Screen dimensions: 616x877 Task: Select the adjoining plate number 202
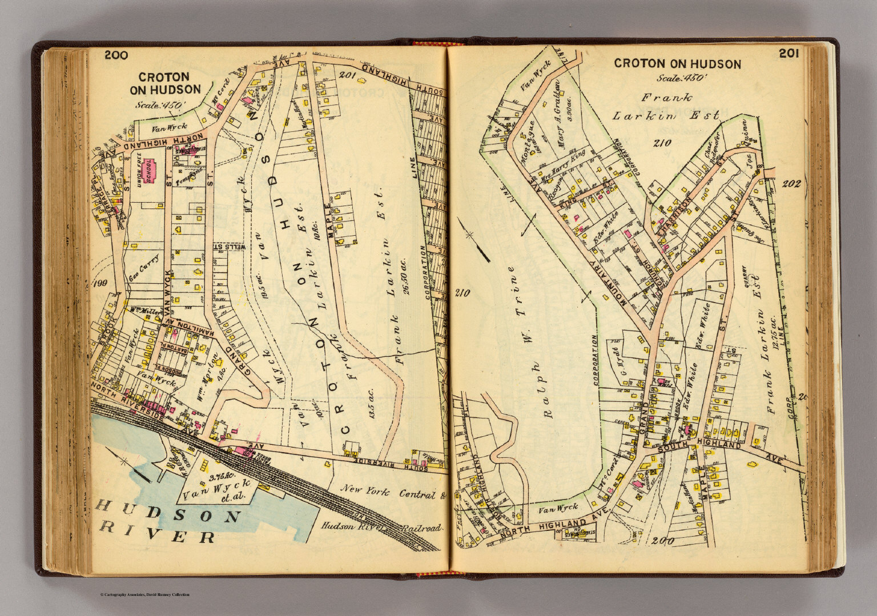[x=791, y=184]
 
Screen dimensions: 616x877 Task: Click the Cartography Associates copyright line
[x=144, y=594]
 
